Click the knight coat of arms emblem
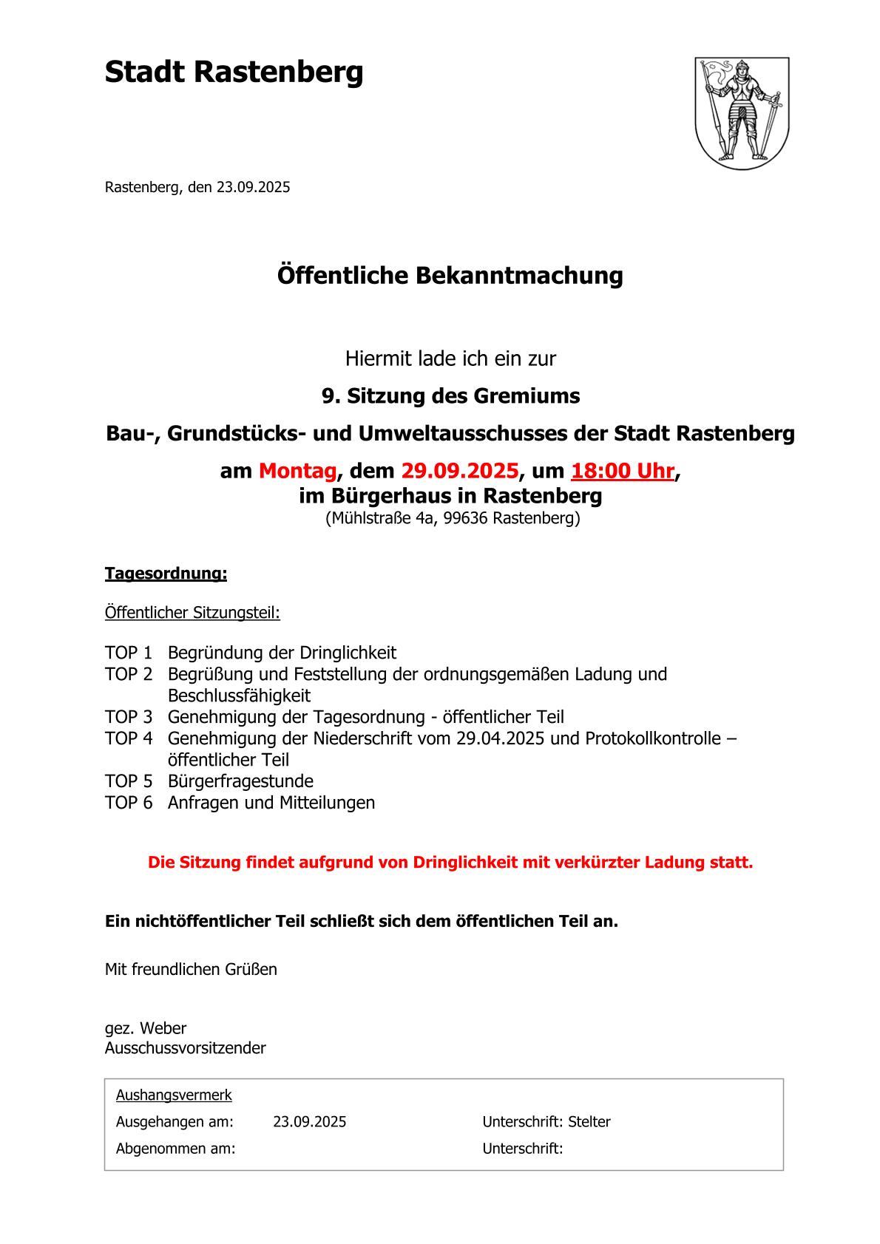[742, 112]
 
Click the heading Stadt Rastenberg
[234, 73]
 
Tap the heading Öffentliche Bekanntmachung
[450, 276]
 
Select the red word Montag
[297, 471]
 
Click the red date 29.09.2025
[459, 471]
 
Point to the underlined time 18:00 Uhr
[622, 471]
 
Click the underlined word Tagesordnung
[166, 574]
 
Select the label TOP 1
[128, 653]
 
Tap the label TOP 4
[128, 738]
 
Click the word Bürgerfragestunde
[240, 781]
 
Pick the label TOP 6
[128, 803]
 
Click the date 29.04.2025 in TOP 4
[499, 738]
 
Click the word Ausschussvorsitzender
[185, 1048]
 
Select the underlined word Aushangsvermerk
[174, 1095]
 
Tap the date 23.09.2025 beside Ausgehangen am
[309, 1122]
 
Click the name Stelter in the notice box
[589, 1122]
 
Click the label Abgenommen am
[175, 1149]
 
